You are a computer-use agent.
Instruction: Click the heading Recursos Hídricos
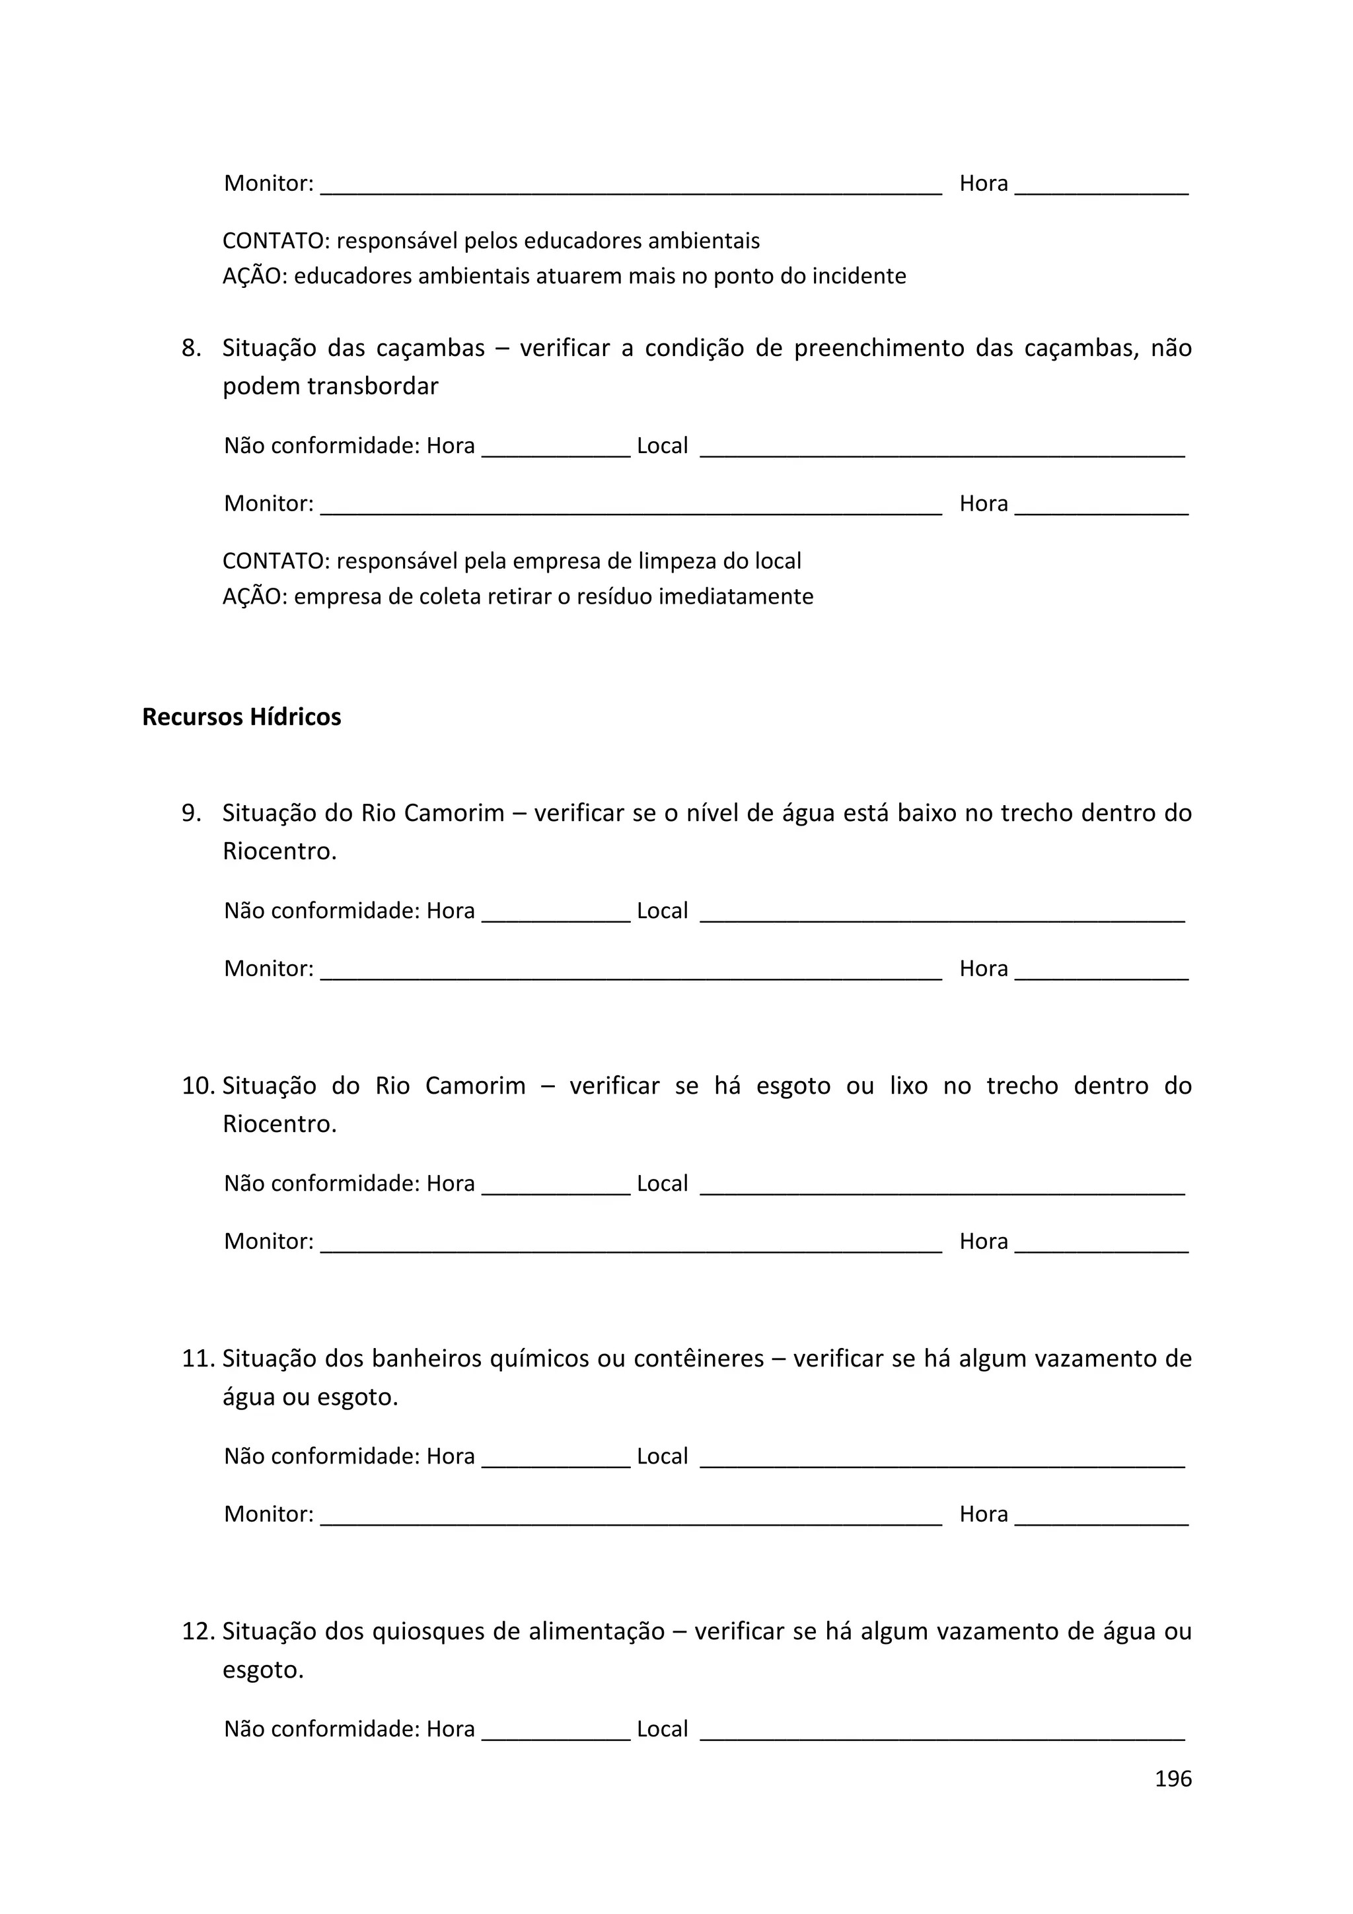(x=241, y=717)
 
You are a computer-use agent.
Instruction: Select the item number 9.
(x=191, y=813)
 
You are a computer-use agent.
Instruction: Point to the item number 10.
(x=198, y=1085)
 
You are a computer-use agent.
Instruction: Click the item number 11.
(x=198, y=1358)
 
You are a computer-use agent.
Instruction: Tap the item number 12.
(x=198, y=1631)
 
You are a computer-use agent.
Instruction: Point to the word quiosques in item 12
(x=427, y=1631)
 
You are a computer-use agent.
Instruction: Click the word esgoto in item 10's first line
(x=793, y=1085)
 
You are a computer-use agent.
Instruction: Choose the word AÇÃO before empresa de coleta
(x=254, y=597)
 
